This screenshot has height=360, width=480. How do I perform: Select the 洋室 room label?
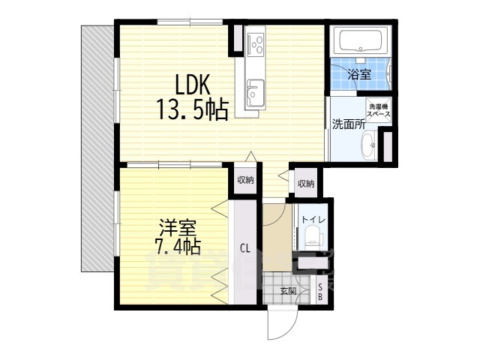tap(178, 225)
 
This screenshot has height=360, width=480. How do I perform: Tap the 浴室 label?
tap(358, 74)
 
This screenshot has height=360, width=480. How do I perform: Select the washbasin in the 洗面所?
tap(370, 145)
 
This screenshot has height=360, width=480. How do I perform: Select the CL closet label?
tap(245, 248)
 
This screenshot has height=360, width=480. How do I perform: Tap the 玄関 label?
tap(288, 291)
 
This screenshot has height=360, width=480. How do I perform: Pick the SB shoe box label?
tap(321, 292)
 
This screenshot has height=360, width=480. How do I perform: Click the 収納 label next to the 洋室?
tap(245, 179)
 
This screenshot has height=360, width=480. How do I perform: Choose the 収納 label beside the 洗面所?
tap(304, 184)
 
